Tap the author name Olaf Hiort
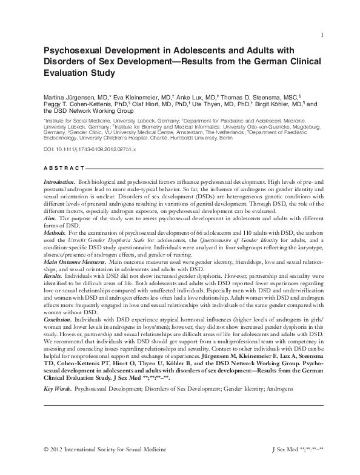click(x=170, y=104)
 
